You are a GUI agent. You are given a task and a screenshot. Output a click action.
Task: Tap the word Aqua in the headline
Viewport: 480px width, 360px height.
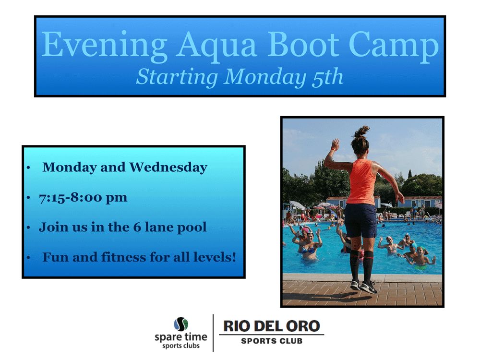point(216,46)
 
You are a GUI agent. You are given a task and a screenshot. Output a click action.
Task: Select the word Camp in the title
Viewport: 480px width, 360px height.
point(394,46)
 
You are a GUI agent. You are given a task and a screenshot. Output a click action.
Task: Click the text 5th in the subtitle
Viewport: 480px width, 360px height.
point(327,77)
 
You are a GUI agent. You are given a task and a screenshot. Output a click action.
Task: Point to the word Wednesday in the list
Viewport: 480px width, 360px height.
point(168,168)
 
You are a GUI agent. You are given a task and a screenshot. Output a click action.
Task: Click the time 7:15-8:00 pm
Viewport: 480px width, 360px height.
point(83,197)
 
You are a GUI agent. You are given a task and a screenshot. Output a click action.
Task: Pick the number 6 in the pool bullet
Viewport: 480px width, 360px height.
point(137,227)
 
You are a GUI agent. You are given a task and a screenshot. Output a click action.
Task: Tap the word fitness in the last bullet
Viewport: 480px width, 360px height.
point(124,257)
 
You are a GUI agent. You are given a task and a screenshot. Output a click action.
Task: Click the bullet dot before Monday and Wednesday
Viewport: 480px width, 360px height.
point(28,168)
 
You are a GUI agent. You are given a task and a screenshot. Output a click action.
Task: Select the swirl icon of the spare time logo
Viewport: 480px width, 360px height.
point(181,324)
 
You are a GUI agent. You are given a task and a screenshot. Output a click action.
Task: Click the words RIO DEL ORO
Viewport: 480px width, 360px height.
point(272,326)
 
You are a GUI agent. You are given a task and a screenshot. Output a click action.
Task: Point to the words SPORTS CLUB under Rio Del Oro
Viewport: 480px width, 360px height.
point(272,341)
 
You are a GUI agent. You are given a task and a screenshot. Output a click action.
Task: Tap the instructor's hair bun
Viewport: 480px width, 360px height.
point(362,132)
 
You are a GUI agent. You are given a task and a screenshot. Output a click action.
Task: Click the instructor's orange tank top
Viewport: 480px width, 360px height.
point(362,181)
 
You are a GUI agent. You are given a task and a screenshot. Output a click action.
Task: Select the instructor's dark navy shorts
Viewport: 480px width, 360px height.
point(360,220)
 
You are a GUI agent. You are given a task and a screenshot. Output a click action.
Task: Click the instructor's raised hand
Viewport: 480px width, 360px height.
point(336,144)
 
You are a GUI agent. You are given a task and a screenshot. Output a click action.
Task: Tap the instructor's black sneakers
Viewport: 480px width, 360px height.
point(364,287)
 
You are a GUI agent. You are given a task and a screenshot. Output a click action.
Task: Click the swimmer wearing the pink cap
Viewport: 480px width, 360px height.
point(305,233)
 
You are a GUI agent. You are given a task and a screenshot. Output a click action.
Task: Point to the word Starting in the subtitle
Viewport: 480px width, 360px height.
point(177,77)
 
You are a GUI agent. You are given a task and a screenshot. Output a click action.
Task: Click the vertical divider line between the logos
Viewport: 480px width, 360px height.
point(213,333)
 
